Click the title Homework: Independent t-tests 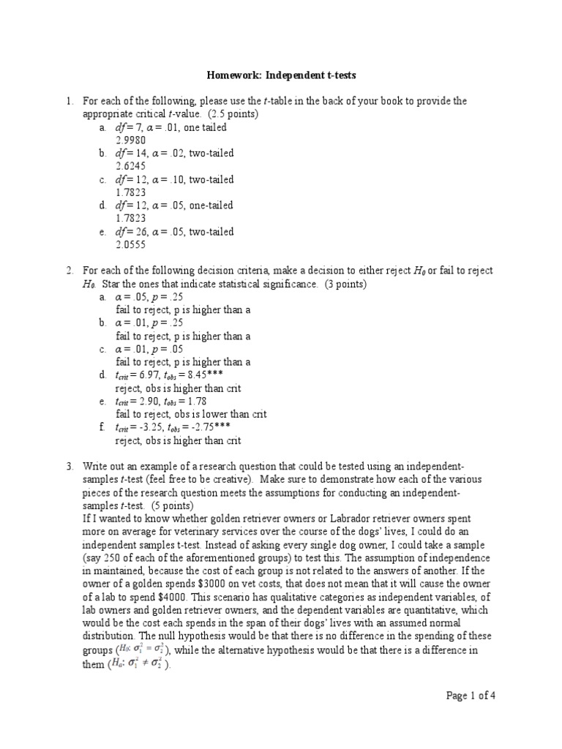[x=280, y=75]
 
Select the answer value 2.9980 [x=130, y=140]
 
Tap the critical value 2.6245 [x=130, y=166]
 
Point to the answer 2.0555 [x=130, y=244]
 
